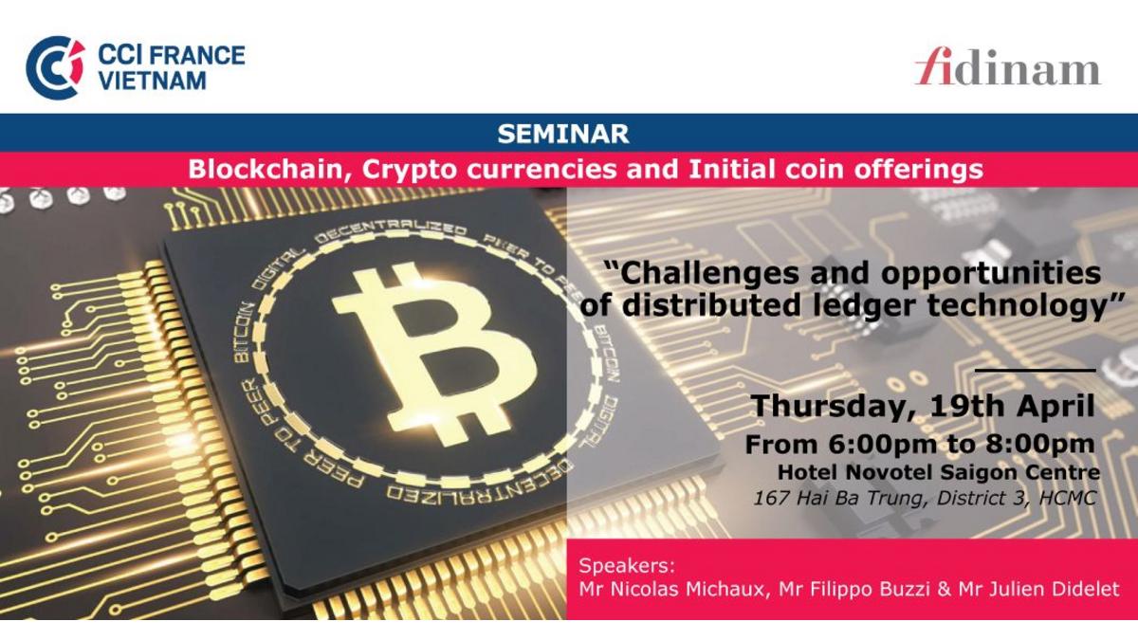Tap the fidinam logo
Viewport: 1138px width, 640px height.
1008,67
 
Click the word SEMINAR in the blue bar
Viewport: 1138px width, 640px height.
563,134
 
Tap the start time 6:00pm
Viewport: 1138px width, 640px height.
882,446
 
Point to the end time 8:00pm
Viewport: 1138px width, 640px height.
1040,446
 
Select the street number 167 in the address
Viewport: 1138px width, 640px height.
771,499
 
